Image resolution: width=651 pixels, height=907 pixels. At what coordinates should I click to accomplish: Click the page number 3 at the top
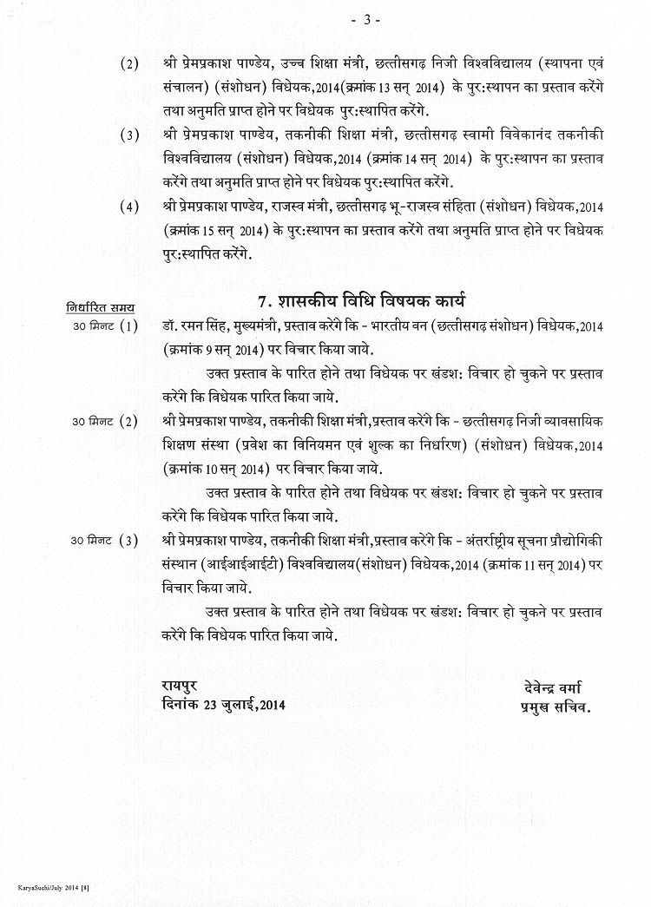click(x=365, y=20)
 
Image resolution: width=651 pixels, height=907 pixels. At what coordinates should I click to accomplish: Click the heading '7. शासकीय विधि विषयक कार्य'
click(x=362, y=302)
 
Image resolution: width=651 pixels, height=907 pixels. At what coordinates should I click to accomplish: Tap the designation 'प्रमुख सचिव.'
click(x=550, y=707)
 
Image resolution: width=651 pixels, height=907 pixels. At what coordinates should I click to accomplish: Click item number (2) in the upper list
click(x=129, y=65)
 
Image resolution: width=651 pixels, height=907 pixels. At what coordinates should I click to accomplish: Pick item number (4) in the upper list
click(x=129, y=207)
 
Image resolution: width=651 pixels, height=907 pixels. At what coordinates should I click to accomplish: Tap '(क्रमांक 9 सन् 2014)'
click(x=214, y=351)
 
